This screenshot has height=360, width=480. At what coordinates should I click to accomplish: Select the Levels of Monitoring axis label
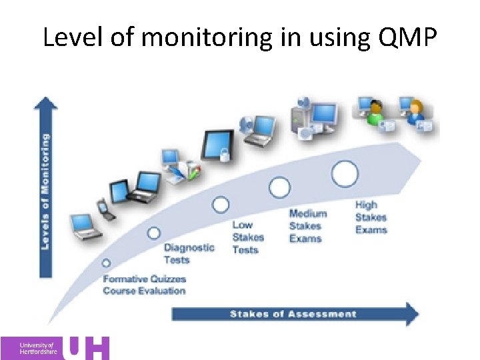point(45,191)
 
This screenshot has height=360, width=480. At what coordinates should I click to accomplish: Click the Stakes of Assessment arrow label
point(293,314)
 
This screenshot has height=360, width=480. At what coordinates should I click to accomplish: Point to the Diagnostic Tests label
point(189,253)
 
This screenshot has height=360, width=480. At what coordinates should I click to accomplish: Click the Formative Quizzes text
point(144,279)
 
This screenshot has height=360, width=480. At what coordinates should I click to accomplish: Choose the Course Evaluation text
point(144,291)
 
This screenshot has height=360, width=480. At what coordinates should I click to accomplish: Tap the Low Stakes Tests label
point(248,237)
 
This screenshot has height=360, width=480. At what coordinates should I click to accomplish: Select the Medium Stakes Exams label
point(308,226)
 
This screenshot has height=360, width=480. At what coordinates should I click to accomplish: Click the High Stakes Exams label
point(371,217)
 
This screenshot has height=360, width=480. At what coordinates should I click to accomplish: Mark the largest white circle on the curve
point(345,173)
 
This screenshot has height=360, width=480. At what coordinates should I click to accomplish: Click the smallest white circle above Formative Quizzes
point(106,263)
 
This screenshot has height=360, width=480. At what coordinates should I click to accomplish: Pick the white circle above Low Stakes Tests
point(221,205)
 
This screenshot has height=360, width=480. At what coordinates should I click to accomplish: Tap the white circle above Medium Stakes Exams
point(279,187)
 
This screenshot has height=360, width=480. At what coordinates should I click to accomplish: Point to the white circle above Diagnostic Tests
point(154,233)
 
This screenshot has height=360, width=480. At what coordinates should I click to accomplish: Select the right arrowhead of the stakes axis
point(411,314)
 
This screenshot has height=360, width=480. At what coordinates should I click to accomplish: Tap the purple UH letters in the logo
point(89,347)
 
